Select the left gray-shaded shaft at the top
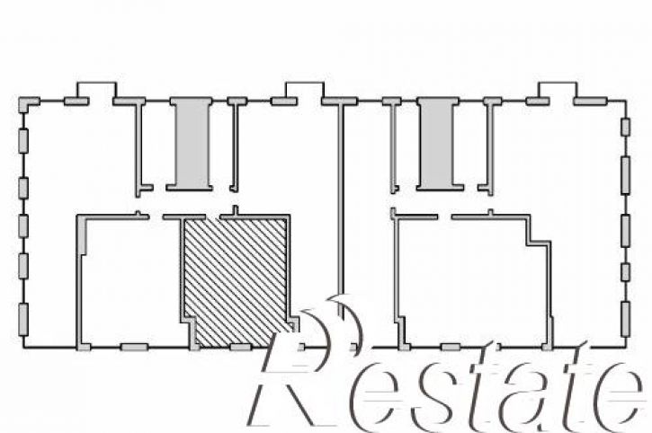click(x=192, y=144)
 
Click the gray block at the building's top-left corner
click(x=27, y=104)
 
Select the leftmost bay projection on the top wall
click(x=96, y=90)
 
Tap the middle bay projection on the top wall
click(x=304, y=90)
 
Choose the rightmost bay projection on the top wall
click(x=558, y=90)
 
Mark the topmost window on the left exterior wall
click(x=23, y=141)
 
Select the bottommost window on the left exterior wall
click(x=23, y=319)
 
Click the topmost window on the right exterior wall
click(x=625, y=128)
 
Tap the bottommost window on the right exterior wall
click(x=625, y=319)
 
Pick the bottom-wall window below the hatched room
click(x=241, y=347)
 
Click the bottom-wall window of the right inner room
click(x=451, y=347)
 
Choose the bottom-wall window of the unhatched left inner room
click(x=134, y=347)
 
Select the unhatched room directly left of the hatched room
click(x=131, y=280)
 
